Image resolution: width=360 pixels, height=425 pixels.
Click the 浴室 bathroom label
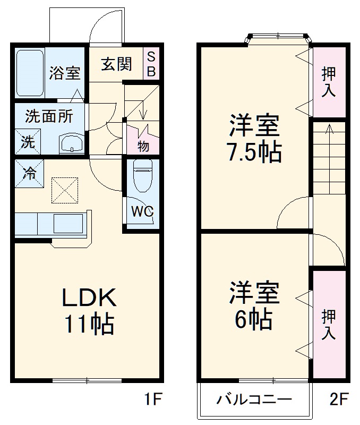(65, 73)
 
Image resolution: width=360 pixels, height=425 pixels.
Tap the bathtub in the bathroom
(30, 73)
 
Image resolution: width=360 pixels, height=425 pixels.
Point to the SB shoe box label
(151, 64)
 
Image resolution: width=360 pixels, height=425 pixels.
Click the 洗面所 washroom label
(49, 115)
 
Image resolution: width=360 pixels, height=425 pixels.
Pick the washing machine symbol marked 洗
(26, 142)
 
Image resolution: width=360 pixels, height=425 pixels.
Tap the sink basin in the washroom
(71, 142)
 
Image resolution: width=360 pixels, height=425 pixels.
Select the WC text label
(142, 211)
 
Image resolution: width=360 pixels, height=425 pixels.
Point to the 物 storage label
(142, 144)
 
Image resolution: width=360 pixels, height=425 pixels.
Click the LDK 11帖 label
(89, 311)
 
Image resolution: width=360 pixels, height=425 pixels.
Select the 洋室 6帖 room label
(254, 306)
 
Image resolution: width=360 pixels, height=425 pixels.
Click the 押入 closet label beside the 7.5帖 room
(329, 82)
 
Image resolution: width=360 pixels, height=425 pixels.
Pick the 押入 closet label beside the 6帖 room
(329, 324)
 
